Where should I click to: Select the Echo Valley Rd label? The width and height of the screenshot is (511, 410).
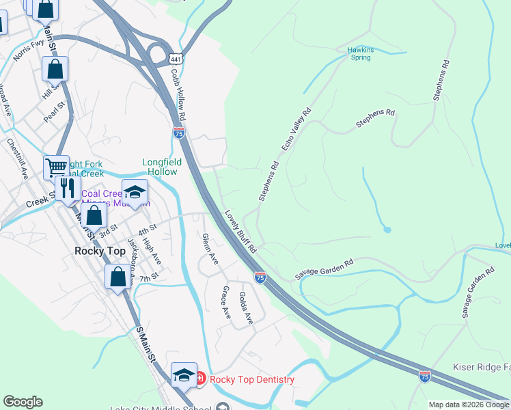point(296,129)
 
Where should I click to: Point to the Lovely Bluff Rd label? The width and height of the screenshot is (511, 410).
point(240,229)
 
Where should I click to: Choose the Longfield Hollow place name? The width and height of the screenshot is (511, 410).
point(160,167)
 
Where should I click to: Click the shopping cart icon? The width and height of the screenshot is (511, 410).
point(55,166)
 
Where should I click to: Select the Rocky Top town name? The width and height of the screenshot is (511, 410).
point(99,251)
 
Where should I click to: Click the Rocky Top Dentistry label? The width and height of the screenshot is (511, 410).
point(252,379)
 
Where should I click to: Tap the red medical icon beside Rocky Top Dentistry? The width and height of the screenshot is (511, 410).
point(200,379)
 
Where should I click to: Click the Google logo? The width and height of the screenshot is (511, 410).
point(23,402)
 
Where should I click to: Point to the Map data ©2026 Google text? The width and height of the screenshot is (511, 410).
point(469,405)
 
